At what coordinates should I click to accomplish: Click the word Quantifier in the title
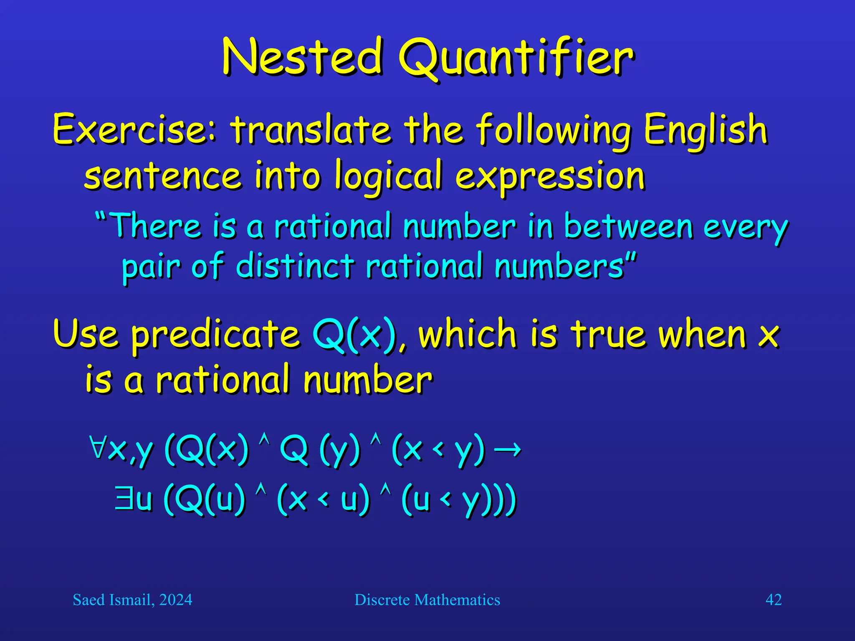click(516, 58)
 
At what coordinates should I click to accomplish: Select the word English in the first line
click(705, 130)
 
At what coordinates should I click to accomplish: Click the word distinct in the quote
click(295, 266)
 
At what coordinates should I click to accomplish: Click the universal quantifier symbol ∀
click(98, 447)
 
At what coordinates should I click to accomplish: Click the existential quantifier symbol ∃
click(124, 498)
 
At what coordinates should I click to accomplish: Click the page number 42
click(773, 600)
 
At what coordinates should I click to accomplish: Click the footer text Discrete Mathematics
click(427, 600)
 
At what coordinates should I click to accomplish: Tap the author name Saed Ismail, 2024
click(132, 600)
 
